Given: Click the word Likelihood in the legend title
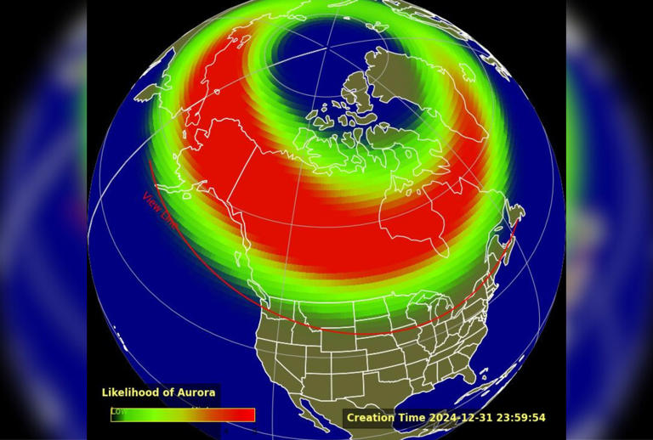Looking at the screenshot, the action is tap(130, 392).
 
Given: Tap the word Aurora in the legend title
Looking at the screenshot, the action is tap(196, 392).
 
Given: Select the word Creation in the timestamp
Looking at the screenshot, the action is tap(370, 418).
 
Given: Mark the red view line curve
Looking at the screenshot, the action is tap(357, 332).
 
